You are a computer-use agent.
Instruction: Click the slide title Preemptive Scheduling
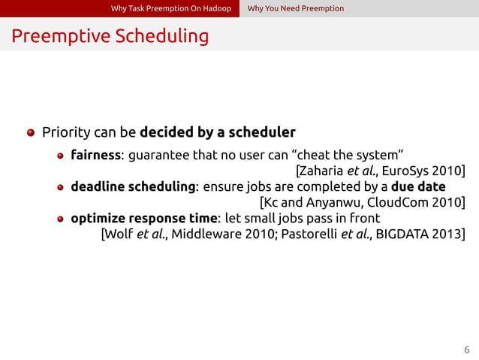coord(110,36)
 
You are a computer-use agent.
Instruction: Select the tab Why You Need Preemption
coord(295,8)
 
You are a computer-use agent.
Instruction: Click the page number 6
coord(466,349)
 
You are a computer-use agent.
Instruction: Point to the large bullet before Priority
coord(31,133)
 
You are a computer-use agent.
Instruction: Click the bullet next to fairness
coord(61,156)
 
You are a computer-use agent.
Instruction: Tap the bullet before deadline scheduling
coord(61,187)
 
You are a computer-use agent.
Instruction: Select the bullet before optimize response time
coord(61,219)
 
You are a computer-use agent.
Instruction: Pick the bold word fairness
coord(95,156)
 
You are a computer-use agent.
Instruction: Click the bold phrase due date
coord(418,186)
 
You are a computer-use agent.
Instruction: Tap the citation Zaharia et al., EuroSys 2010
coord(381,171)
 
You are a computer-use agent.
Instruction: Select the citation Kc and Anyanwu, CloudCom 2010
coord(362,202)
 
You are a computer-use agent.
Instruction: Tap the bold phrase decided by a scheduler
coord(218,133)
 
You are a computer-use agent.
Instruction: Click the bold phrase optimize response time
coord(143,219)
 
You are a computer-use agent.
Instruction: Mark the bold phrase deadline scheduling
coord(133,187)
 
